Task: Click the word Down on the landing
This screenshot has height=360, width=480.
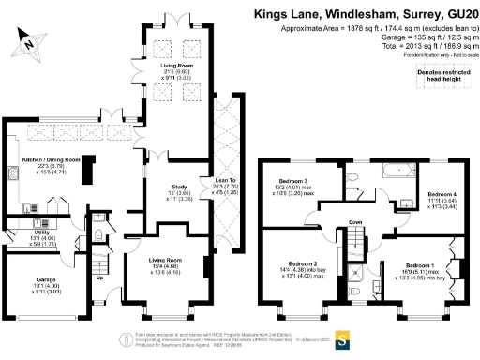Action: tap(355, 222)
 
